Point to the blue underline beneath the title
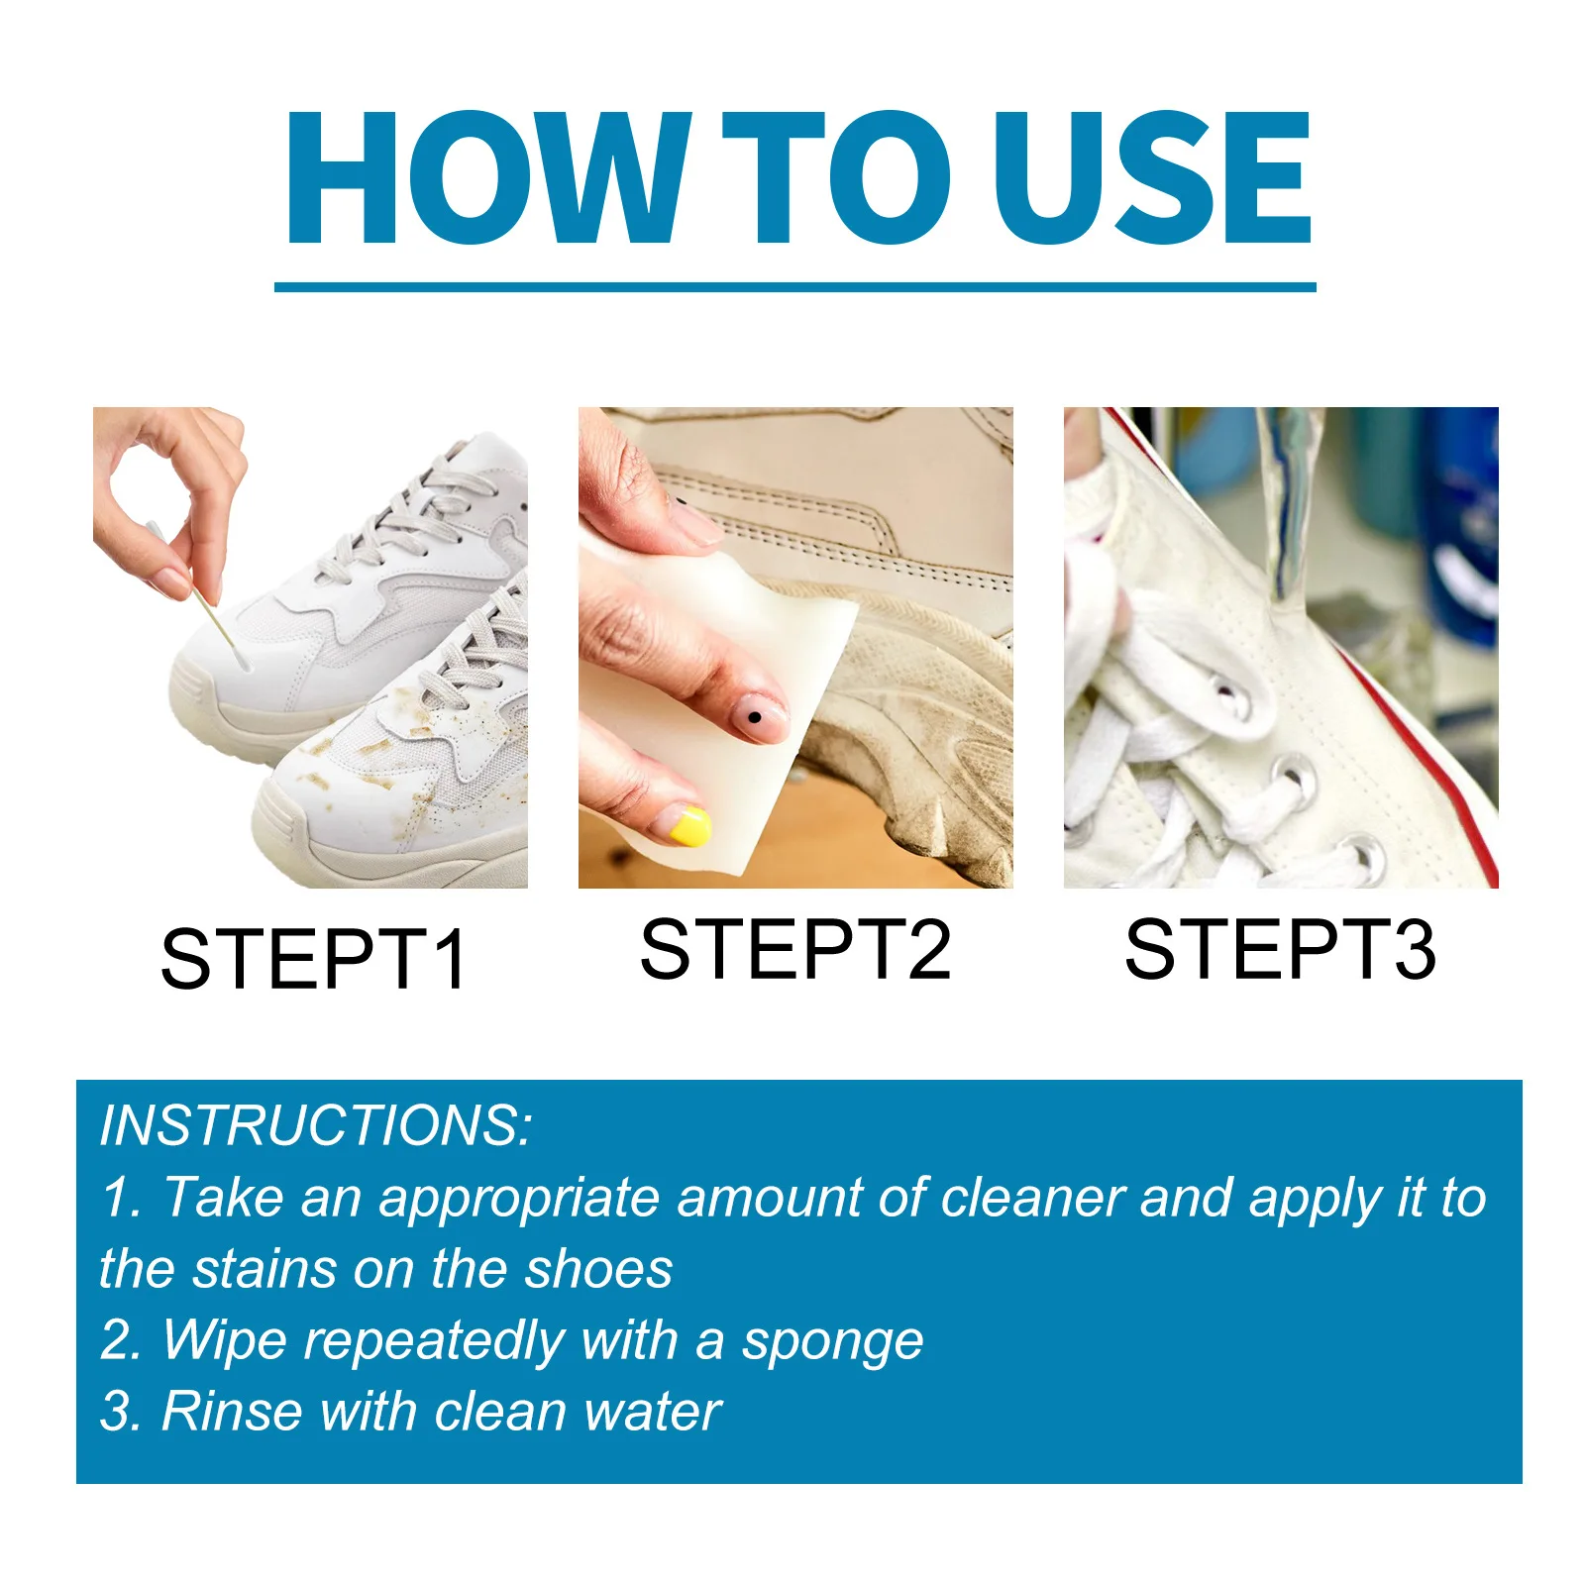tap(794, 287)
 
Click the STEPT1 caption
tap(313, 959)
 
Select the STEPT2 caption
tap(795, 949)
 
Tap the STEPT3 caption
tap(1280, 949)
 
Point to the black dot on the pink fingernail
tap(755, 716)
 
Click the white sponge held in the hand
tap(728, 634)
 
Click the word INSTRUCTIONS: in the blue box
tap(316, 1125)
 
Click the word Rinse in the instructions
tap(232, 1411)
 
